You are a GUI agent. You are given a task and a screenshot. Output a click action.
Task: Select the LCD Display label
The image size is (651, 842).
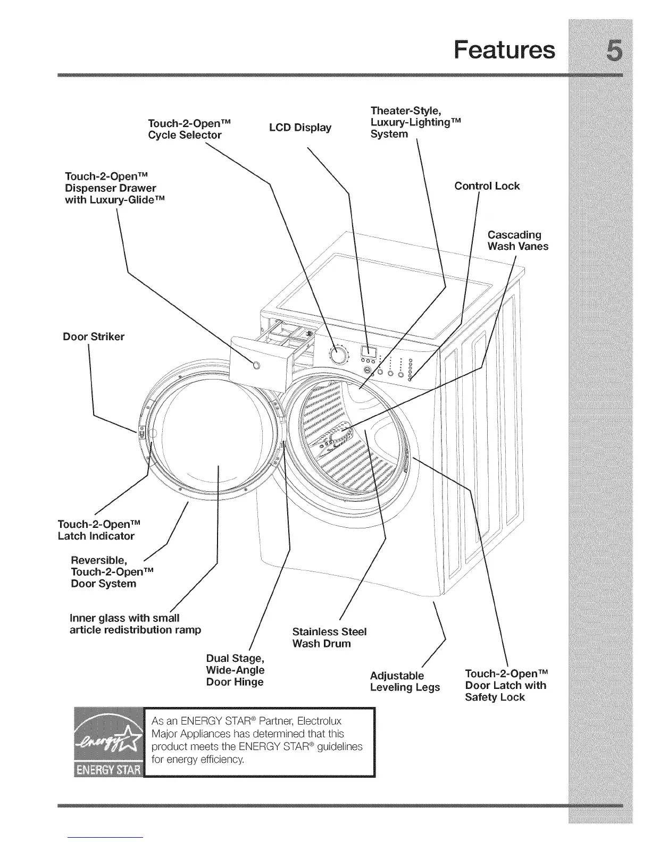(300, 128)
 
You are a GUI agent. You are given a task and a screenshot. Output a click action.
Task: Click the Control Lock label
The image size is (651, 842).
(487, 186)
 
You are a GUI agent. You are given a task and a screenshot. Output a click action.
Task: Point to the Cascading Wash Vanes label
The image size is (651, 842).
(518, 240)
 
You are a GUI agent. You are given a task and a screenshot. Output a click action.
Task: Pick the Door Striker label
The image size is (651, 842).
(94, 336)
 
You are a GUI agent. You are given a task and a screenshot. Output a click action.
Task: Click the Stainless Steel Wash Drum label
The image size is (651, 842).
(329, 637)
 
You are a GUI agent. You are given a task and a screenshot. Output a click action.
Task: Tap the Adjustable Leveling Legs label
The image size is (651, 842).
(405, 681)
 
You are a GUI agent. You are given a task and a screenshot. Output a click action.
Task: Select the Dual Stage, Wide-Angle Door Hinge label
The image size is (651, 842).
(235, 670)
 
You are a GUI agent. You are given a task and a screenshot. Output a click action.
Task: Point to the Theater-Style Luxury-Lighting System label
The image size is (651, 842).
(415, 122)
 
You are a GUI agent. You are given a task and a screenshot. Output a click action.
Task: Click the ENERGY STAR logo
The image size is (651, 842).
(110, 742)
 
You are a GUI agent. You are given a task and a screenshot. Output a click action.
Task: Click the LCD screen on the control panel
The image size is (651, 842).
(369, 351)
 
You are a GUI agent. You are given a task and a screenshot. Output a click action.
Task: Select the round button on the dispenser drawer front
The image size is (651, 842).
(256, 365)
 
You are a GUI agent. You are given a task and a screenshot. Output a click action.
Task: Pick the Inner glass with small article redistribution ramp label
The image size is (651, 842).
(136, 624)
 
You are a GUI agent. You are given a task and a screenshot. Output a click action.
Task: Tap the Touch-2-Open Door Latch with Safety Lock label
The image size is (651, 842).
(505, 685)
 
